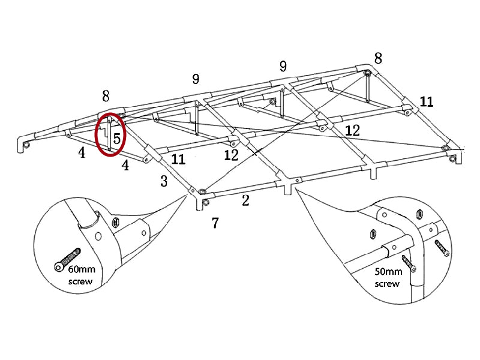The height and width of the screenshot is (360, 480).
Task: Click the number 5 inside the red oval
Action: click(x=117, y=138)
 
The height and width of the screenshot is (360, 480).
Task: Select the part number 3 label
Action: click(x=164, y=181)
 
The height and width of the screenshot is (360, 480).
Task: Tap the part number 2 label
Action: click(x=245, y=201)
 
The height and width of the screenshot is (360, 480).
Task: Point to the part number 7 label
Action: click(x=215, y=223)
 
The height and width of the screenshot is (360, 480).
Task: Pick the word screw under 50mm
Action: click(x=387, y=283)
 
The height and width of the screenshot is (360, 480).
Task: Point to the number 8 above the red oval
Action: click(x=106, y=96)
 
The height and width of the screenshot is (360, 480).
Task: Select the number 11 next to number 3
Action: click(x=178, y=160)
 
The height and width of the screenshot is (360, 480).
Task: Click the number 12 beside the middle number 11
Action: click(x=231, y=155)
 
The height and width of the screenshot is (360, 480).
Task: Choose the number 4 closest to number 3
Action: click(x=125, y=165)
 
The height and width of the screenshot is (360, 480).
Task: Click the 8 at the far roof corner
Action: click(x=377, y=58)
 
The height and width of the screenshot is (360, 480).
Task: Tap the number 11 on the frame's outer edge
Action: click(x=426, y=101)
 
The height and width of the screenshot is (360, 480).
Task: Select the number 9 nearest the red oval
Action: click(x=196, y=79)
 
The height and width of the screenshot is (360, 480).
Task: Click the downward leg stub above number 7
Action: click(x=199, y=205)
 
